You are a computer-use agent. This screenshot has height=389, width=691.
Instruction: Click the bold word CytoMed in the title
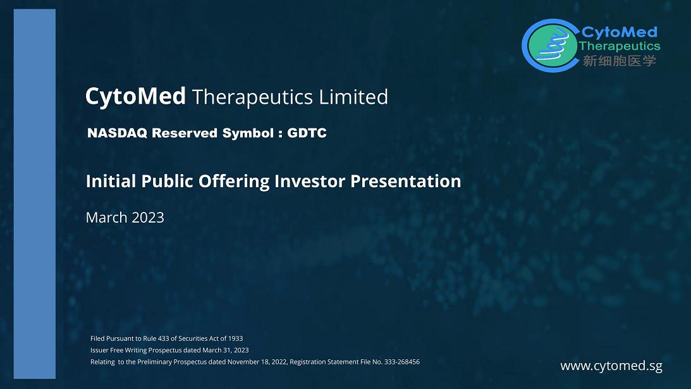(135, 97)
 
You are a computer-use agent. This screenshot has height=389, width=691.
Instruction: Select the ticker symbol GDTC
(307, 133)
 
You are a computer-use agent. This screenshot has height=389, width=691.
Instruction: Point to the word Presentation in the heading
(405, 182)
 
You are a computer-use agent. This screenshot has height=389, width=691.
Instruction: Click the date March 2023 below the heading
(125, 218)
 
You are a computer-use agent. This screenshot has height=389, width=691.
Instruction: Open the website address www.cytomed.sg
(611, 366)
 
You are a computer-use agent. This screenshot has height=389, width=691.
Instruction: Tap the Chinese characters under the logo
(619, 61)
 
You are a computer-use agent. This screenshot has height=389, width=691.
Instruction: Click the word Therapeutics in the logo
(620, 46)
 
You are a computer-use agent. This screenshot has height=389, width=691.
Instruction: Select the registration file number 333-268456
(401, 362)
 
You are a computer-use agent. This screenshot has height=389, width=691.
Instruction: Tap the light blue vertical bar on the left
(35, 194)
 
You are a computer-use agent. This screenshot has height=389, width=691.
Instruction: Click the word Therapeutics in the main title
(252, 97)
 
